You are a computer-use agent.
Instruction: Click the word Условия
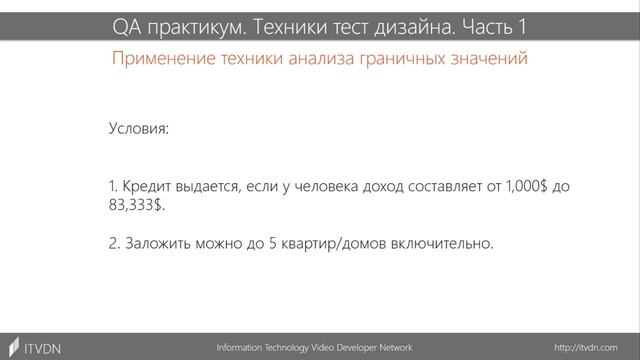point(138,130)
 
